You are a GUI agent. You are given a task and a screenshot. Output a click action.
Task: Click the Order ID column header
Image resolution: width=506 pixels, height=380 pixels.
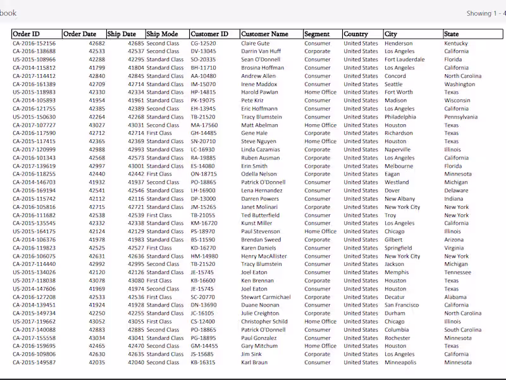pyautogui.click(x=26, y=34)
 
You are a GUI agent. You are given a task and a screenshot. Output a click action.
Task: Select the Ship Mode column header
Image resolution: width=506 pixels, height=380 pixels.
pyautogui.click(x=162, y=34)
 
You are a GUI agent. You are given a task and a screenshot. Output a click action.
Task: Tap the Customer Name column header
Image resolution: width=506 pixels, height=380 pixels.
pyautogui.click(x=264, y=34)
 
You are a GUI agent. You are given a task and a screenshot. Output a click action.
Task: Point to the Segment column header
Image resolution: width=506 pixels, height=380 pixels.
pyautogui.click(x=317, y=34)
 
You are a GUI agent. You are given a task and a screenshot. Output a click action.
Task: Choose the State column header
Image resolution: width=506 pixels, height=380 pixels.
pyautogui.click(x=452, y=34)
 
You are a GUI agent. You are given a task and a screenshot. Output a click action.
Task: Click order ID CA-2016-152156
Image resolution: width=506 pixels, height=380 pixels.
pyautogui.click(x=34, y=44)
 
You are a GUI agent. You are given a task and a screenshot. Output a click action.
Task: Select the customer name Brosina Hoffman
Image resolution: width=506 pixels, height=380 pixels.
pyautogui.click(x=262, y=68)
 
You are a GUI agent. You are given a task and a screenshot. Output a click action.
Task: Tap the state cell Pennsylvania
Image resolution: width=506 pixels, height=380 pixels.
pyautogui.click(x=460, y=117)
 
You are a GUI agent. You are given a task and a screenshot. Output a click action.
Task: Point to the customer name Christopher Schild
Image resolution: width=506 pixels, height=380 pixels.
pyautogui.click(x=264, y=322)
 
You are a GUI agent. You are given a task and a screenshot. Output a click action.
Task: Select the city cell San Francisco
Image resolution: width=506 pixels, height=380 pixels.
pyautogui.click(x=402, y=305)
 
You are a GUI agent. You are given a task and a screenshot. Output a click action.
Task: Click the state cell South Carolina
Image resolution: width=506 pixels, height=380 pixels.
pyautogui.click(x=462, y=330)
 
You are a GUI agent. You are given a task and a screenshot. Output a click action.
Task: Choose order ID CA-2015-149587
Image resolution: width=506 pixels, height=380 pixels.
pyautogui.click(x=34, y=363)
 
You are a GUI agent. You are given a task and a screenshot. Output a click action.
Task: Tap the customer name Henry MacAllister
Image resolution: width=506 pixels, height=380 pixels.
pyautogui.click(x=264, y=256)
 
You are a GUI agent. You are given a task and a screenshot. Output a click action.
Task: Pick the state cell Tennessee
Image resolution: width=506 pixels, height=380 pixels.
pyautogui.click(x=457, y=272)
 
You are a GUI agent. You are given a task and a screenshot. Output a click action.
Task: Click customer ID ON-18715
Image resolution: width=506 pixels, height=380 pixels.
pyautogui.click(x=203, y=174)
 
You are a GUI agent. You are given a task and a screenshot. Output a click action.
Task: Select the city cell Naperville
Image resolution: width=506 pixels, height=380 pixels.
pyautogui.click(x=398, y=150)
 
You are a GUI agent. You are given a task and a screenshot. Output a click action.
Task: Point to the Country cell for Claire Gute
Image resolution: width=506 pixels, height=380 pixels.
pyautogui.click(x=361, y=44)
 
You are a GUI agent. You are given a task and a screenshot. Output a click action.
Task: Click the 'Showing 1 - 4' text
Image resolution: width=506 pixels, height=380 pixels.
pyautogui.click(x=486, y=13)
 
